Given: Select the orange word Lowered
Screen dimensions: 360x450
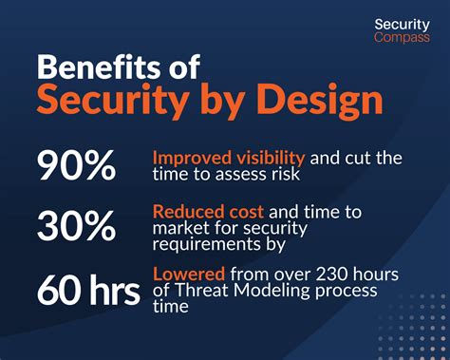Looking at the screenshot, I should [186, 274].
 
